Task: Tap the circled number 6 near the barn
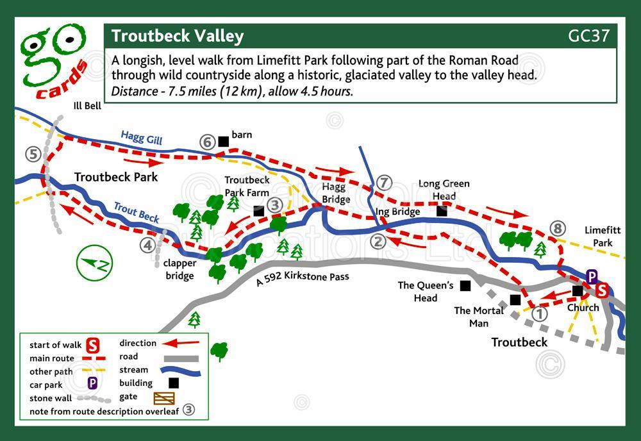point(206,142)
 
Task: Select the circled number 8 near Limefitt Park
point(557,229)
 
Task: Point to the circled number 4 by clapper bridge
point(148,244)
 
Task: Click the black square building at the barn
point(223,141)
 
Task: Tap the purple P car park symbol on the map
point(592,277)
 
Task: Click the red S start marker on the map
point(602,290)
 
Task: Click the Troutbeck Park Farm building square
point(258,210)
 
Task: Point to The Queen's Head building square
point(465,285)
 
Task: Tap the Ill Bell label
point(87,106)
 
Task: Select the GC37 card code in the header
point(588,36)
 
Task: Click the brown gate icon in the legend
point(163,398)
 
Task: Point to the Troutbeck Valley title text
point(178,36)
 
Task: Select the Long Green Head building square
point(442,210)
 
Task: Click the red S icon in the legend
point(92,345)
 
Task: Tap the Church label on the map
point(583,308)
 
